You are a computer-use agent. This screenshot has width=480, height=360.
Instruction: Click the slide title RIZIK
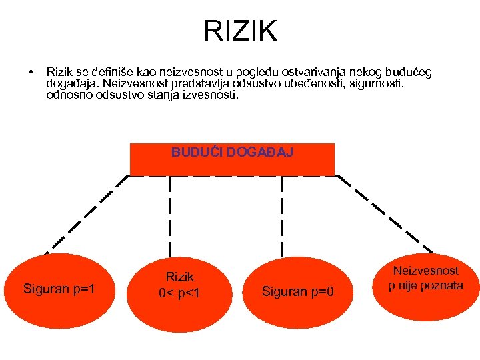(x=240, y=30)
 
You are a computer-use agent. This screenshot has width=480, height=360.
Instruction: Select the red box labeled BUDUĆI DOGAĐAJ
(x=232, y=160)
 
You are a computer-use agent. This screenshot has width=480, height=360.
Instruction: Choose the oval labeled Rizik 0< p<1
(x=180, y=285)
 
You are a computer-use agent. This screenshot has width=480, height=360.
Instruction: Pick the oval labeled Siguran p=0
(x=299, y=291)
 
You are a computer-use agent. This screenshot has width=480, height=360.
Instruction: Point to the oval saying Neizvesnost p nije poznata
(x=426, y=279)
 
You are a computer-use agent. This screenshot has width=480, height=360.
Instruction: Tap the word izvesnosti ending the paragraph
(x=209, y=95)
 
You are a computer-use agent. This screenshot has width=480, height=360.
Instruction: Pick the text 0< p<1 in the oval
(x=180, y=293)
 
